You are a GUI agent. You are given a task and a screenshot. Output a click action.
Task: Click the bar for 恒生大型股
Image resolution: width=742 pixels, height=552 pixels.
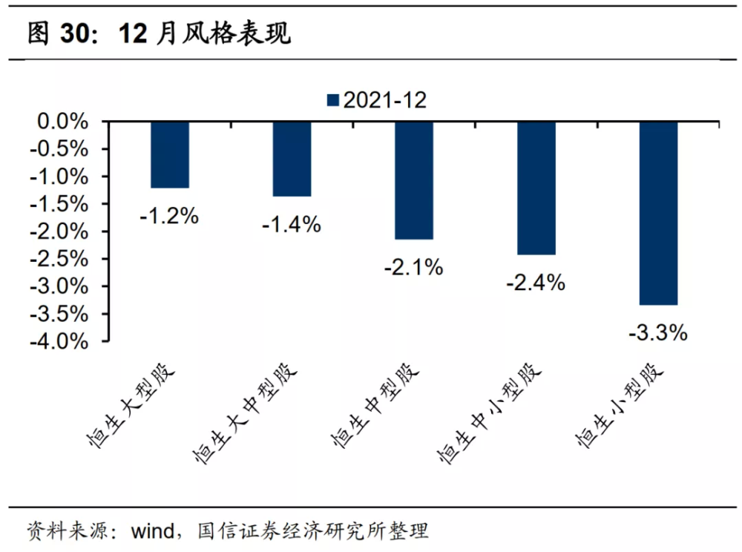tap(170, 154)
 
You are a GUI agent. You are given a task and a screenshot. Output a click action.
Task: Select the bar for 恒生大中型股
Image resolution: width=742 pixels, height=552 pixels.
tap(292, 159)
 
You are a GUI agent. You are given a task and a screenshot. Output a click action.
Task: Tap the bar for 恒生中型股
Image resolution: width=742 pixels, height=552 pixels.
tap(414, 181)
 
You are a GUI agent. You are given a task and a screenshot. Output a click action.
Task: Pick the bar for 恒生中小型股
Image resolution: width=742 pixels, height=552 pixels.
tap(536, 188)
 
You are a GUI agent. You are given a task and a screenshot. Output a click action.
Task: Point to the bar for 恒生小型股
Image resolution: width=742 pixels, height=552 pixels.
tap(658, 214)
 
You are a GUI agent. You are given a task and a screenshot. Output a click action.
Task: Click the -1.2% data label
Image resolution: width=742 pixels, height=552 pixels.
tap(169, 217)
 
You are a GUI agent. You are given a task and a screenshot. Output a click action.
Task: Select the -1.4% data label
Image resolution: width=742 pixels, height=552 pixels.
tap(292, 225)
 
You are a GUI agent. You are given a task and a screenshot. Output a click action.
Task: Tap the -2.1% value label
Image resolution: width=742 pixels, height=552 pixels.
tap(413, 268)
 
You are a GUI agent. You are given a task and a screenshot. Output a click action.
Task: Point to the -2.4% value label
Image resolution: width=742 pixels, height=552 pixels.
tap(536, 283)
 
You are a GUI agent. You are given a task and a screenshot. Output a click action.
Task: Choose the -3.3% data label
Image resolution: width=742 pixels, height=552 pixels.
tap(657, 333)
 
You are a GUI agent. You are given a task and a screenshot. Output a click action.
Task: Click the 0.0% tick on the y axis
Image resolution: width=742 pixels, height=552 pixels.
tap(62, 122)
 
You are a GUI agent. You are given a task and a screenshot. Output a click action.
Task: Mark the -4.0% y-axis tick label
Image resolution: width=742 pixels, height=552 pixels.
tap(59, 341)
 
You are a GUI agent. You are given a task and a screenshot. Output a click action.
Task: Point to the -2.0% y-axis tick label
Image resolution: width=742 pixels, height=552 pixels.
tap(59, 231)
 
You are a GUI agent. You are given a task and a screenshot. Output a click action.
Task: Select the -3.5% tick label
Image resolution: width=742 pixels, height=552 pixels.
tap(59, 314)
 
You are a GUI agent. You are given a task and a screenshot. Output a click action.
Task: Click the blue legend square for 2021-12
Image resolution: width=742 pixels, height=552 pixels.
tap(333, 100)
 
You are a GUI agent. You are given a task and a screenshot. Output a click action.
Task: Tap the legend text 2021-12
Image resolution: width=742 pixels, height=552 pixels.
tap(384, 100)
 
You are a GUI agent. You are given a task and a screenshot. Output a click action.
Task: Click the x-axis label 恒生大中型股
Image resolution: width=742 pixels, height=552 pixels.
tap(245, 413)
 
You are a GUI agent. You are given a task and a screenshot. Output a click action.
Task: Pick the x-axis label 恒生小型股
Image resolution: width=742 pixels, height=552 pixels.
tap(620, 405)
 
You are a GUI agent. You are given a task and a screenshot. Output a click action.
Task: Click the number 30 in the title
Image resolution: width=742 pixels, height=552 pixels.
tap(75, 33)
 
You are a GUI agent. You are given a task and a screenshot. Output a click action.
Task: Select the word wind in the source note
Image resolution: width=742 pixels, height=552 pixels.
tap(153, 531)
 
